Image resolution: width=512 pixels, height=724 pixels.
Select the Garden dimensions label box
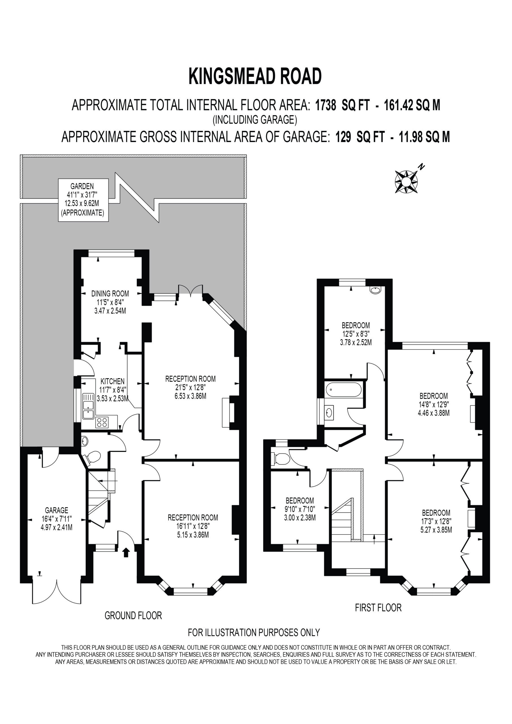click(83, 200)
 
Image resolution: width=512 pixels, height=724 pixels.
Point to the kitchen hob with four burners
click(102, 422)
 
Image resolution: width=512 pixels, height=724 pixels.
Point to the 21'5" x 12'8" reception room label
click(191, 387)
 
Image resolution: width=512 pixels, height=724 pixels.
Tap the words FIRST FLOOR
click(378, 608)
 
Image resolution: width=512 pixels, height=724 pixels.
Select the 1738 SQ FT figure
click(342, 105)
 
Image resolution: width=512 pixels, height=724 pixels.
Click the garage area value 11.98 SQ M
click(425, 137)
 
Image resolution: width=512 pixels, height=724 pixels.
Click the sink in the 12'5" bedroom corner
click(375, 290)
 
